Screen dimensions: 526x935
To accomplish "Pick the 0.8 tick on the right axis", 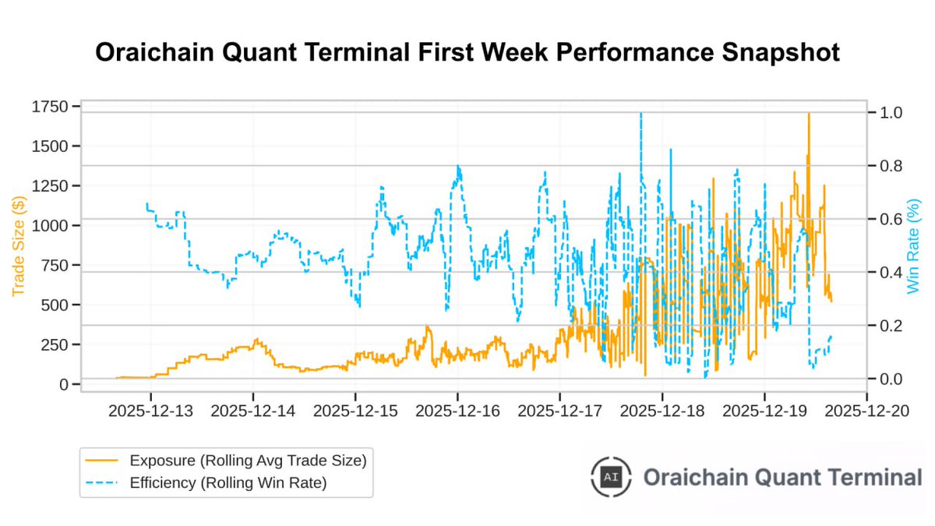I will [886, 166].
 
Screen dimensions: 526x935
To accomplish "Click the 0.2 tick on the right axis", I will [886, 326].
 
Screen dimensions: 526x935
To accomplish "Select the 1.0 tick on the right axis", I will [886, 113].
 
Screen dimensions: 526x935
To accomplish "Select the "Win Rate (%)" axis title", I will [914, 246].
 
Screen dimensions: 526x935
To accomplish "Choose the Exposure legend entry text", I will [248, 461].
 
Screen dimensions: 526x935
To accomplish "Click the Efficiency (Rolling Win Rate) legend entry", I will [228, 483].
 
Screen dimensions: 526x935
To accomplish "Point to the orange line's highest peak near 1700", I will [809, 115].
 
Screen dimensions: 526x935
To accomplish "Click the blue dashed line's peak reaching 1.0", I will [640, 114].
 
